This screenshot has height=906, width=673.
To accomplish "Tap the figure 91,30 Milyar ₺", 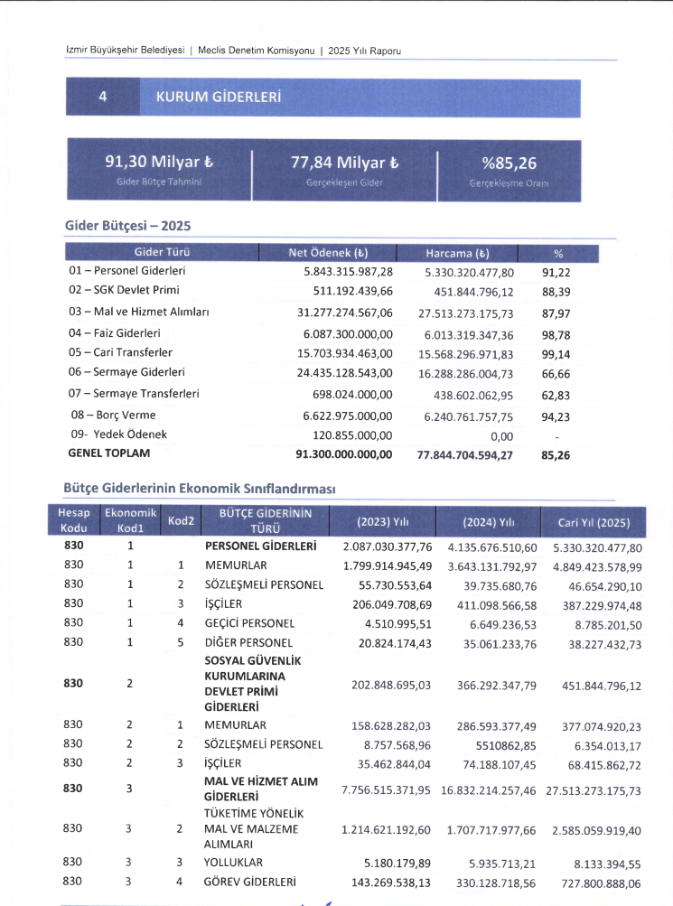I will (x=159, y=163).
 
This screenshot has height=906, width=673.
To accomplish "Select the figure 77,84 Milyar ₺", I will (x=344, y=163).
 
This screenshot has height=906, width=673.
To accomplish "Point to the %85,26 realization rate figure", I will (x=509, y=163).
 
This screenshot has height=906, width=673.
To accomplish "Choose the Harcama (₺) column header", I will (x=457, y=253).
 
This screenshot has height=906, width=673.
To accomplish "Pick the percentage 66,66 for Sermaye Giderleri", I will (x=554, y=373).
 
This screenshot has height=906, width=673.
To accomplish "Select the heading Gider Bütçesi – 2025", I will (x=127, y=225).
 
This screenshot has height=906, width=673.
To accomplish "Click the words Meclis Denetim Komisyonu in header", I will (x=256, y=51).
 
